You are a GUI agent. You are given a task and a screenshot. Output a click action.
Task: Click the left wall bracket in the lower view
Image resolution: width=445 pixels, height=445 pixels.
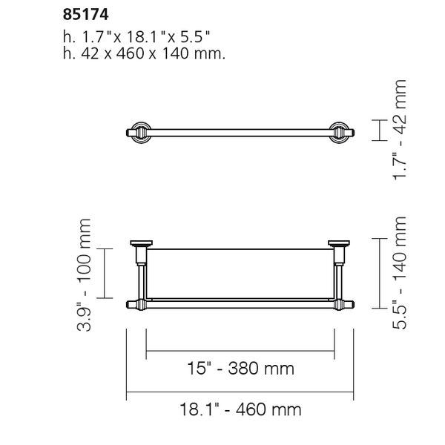pyautogui.click(x=140, y=251)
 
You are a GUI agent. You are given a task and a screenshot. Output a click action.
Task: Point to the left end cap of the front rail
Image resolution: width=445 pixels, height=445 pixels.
pyautogui.click(x=133, y=304)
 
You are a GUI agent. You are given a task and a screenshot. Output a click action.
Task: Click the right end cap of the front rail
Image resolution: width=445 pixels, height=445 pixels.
pyautogui.click(x=346, y=304)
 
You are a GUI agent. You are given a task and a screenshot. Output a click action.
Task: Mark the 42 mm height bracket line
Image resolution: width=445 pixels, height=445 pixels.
pyautogui.click(x=380, y=131)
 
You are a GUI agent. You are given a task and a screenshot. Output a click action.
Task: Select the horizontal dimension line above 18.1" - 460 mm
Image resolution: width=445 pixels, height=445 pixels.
pyautogui.click(x=240, y=392)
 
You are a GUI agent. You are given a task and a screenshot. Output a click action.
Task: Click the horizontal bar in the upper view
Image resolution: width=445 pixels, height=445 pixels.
pyautogui.click(x=240, y=131)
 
